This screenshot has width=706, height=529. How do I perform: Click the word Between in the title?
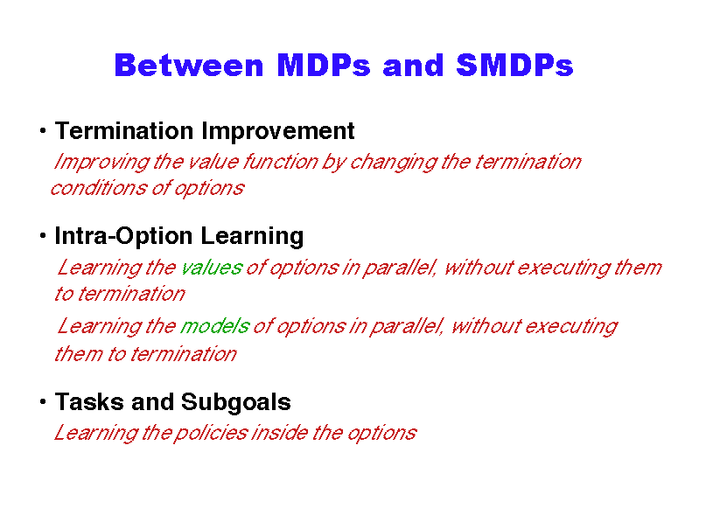[x=189, y=66]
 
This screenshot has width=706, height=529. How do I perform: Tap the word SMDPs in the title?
[x=514, y=66]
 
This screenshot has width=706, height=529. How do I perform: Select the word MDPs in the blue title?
[x=324, y=66]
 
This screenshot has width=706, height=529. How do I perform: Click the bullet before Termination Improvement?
[x=43, y=131]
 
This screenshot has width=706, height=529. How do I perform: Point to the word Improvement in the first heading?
[x=278, y=131]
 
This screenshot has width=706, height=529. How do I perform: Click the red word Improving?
[x=101, y=162]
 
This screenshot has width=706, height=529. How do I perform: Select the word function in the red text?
[x=281, y=162]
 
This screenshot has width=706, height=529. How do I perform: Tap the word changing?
[x=393, y=163]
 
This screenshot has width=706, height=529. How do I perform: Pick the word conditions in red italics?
[x=99, y=188]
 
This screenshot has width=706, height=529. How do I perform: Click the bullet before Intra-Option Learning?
[x=43, y=235]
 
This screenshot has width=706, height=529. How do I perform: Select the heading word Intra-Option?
[x=124, y=236]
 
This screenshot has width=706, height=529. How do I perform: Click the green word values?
[x=211, y=268]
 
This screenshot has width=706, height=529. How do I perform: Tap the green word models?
[x=214, y=326]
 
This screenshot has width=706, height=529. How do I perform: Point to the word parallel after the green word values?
[x=399, y=268]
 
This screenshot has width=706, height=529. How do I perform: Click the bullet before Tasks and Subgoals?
[x=43, y=401]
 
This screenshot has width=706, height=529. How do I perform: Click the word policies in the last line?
[x=211, y=433]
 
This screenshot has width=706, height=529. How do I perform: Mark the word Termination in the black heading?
[x=124, y=131]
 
